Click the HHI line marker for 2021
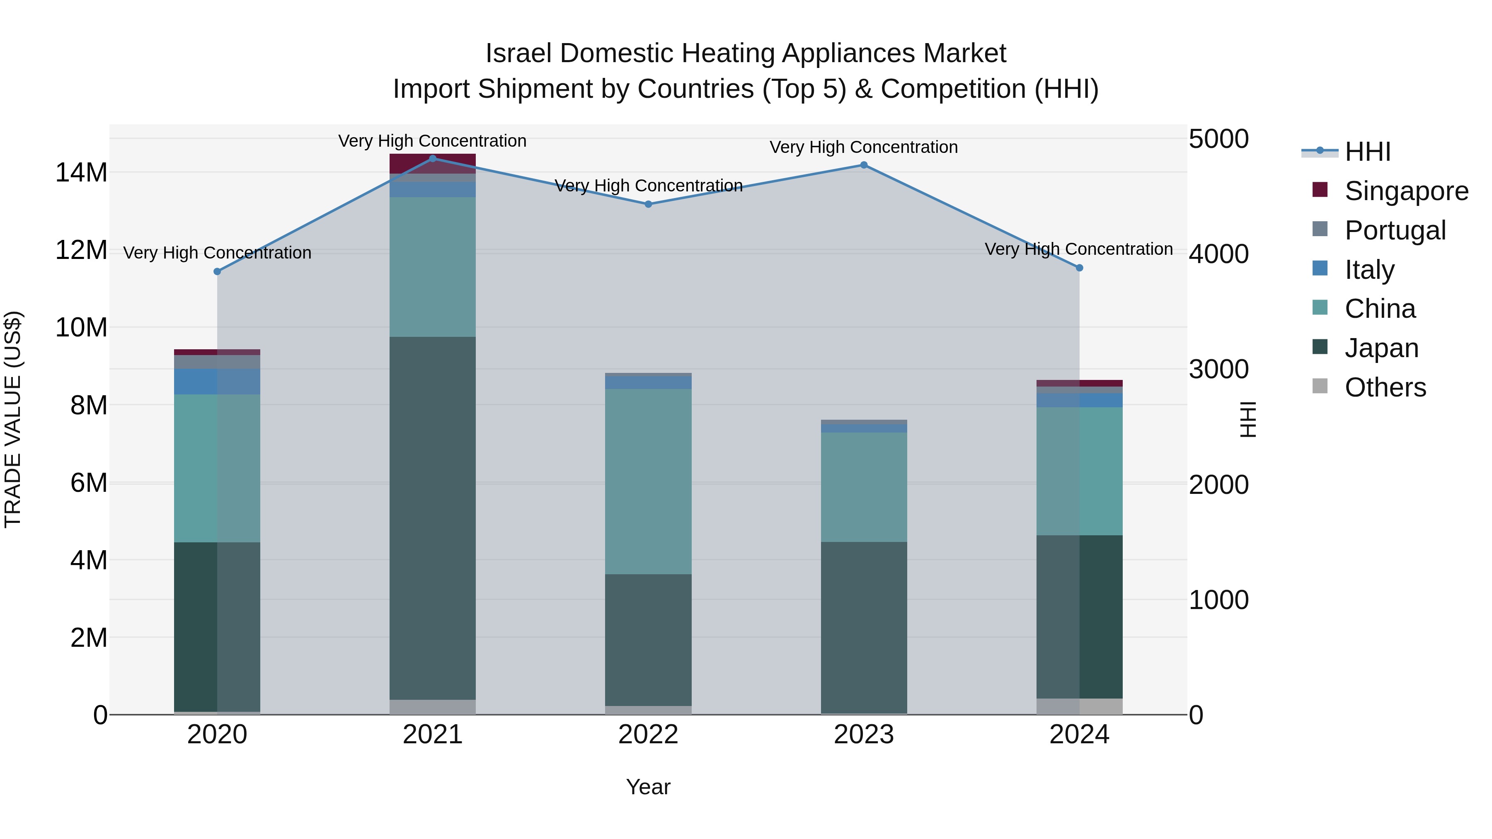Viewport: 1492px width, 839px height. point(433,159)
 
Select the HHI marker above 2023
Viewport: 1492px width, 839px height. point(864,165)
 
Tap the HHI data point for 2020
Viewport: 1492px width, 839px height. point(217,271)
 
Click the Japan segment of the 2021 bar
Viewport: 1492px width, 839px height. point(433,518)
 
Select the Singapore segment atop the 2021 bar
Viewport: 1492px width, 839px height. point(433,163)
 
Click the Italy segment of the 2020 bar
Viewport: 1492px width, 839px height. point(217,382)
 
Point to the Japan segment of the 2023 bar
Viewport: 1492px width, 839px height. point(864,628)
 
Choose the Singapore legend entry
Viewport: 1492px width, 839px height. point(1406,191)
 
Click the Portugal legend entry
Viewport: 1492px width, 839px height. point(1395,230)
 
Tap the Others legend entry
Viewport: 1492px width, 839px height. point(1385,387)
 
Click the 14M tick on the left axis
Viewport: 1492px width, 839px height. point(81,172)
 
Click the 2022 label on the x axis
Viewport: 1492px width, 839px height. point(648,735)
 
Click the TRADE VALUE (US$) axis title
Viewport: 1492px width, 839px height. point(13,419)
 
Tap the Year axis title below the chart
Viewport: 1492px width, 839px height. point(648,787)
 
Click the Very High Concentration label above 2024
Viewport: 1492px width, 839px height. point(1078,249)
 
